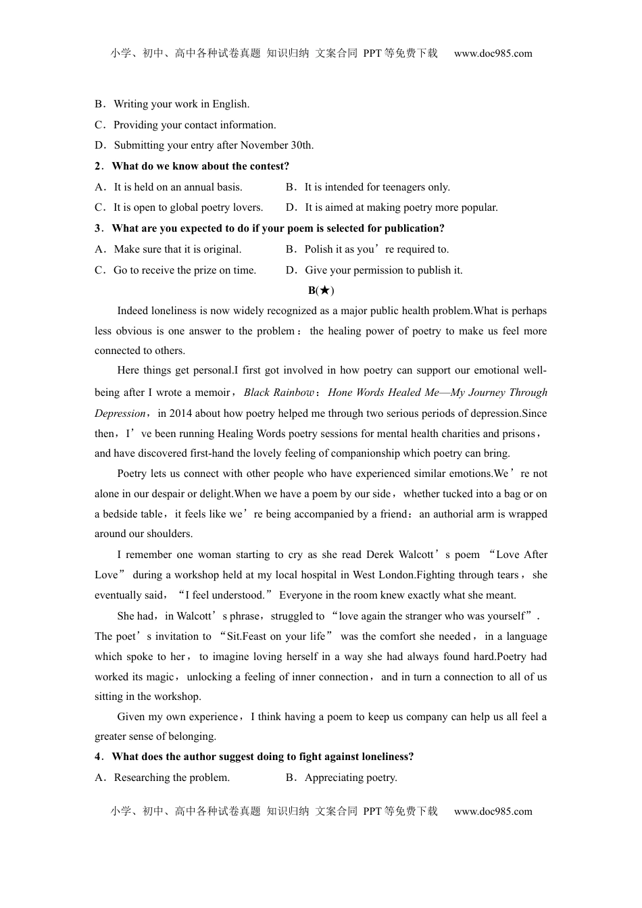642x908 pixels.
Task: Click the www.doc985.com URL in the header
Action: coord(493,53)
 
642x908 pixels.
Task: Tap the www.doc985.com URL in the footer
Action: coord(493,811)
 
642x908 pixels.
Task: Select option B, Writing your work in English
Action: coord(181,104)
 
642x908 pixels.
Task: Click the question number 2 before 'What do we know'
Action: coord(98,166)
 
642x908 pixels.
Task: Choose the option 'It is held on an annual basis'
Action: coord(178,187)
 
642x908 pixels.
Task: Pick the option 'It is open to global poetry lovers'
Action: coord(188,207)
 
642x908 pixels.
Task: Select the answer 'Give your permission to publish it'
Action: coord(383,270)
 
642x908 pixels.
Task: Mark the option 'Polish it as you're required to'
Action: coord(376,249)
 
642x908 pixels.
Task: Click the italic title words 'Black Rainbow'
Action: coord(278,393)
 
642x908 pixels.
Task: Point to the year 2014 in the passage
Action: coord(180,413)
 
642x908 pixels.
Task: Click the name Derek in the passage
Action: coord(380,555)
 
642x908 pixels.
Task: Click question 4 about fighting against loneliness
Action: coord(262,757)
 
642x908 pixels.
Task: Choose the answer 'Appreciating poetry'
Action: coord(350,778)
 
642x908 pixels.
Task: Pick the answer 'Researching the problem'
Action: coord(172,778)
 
